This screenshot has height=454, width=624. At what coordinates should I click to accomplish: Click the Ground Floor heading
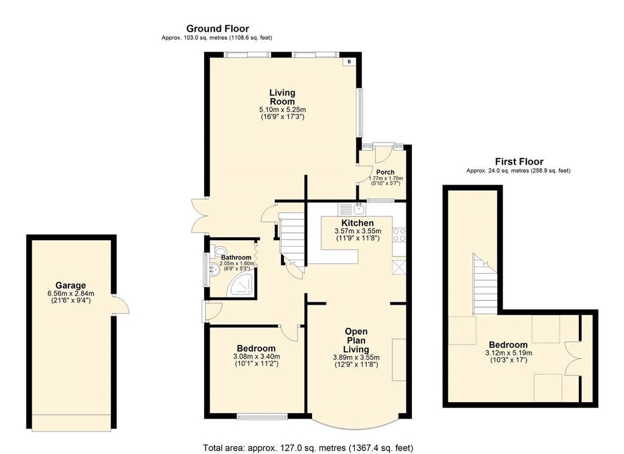(218, 29)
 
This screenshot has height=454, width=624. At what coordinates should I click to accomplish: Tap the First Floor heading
(519, 161)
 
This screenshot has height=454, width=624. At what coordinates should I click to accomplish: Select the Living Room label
(283, 97)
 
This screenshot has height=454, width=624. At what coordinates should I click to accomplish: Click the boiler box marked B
(349, 62)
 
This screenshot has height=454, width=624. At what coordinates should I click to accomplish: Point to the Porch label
(385, 172)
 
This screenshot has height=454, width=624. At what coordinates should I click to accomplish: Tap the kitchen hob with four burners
(399, 235)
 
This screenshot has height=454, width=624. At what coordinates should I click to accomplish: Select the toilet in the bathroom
(219, 251)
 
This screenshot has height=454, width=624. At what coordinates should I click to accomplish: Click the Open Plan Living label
(356, 340)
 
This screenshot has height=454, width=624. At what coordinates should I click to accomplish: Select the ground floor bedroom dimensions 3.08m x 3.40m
(257, 356)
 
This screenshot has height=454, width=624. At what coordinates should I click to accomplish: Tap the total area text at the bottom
(308, 448)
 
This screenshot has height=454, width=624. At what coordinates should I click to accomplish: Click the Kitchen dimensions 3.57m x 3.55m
(358, 231)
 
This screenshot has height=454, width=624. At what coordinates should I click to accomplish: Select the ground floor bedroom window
(262, 417)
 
